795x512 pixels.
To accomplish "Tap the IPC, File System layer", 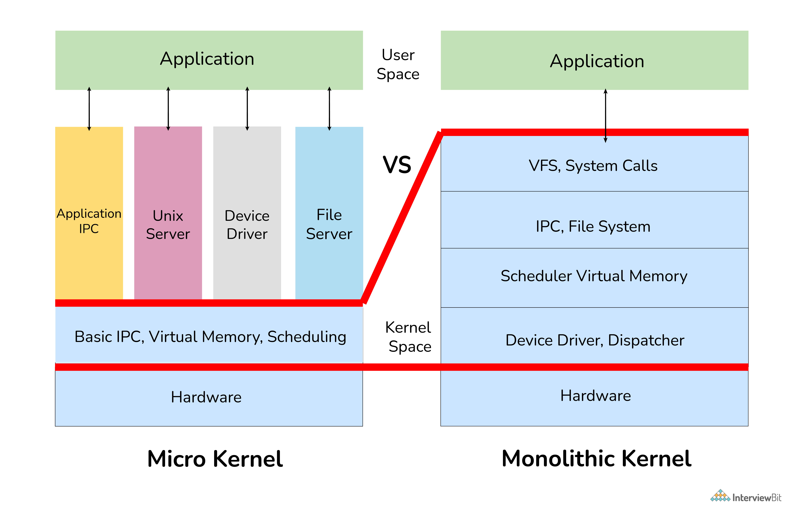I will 594,226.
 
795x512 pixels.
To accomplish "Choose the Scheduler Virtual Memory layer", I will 594,276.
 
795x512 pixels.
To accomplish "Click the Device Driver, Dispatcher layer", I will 594,340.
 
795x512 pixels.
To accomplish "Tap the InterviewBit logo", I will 746,497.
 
